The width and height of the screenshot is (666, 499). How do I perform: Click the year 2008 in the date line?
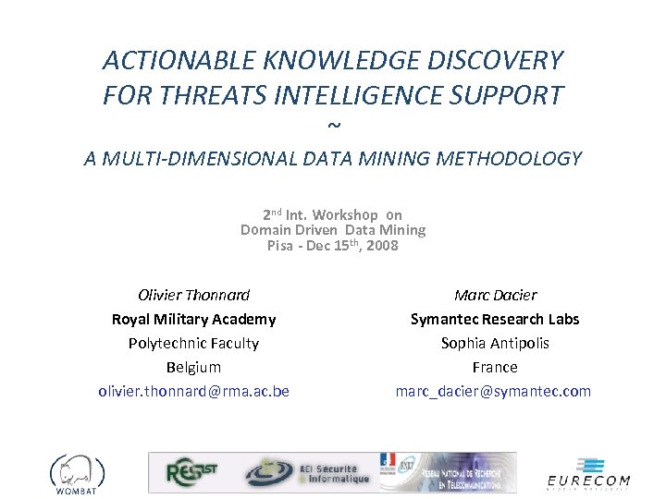tap(382, 246)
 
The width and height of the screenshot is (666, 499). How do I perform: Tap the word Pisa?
tap(280, 246)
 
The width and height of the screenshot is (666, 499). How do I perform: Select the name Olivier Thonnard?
tap(193, 296)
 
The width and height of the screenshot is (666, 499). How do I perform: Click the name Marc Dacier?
tap(495, 296)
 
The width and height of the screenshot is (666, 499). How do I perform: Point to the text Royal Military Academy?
tap(193, 320)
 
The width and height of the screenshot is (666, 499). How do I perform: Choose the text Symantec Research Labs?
tap(495, 320)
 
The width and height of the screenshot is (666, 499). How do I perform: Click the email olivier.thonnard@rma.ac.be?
tap(193, 392)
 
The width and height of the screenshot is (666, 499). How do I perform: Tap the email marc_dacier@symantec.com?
tap(493, 392)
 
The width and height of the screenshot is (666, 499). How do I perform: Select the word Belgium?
tap(193, 368)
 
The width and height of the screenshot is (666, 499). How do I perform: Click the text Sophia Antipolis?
tap(495, 344)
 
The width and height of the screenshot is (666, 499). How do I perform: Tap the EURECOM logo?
tap(588, 473)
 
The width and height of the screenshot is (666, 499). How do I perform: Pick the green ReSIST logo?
tap(192, 473)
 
